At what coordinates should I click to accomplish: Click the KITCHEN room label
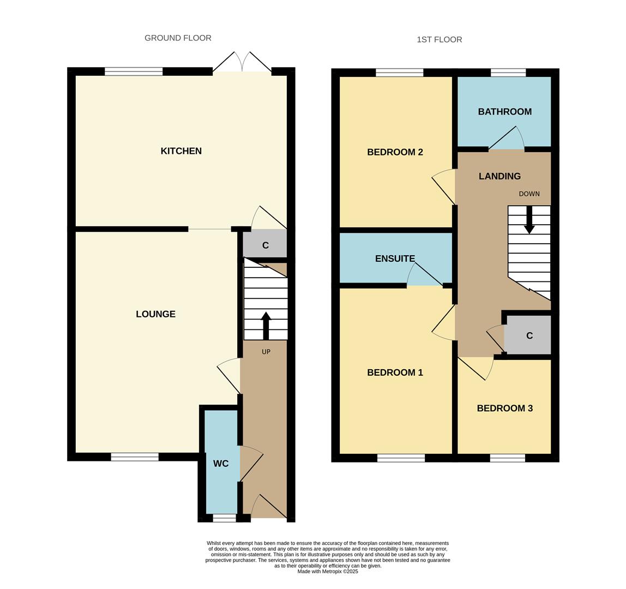click(181, 151)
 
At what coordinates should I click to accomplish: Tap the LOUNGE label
click(155, 314)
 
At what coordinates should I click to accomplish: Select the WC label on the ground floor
click(221, 464)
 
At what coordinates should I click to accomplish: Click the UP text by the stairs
click(266, 352)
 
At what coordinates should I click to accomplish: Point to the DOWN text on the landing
click(529, 194)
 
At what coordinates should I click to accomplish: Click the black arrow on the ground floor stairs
click(266, 326)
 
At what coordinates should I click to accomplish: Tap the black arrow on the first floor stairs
click(529, 220)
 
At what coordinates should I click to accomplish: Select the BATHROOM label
click(504, 112)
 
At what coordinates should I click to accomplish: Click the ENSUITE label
click(395, 259)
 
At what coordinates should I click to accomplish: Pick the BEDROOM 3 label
click(504, 408)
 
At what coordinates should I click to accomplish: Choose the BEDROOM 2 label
click(395, 152)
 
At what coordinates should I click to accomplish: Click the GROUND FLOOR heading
click(178, 38)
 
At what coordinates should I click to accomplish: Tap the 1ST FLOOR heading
click(439, 39)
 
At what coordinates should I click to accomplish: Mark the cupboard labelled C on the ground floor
click(265, 245)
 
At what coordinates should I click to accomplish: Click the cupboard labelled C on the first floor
click(529, 335)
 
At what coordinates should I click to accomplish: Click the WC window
click(224, 518)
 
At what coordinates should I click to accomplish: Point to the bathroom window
click(508, 73)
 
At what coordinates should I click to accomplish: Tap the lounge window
click(135, 457)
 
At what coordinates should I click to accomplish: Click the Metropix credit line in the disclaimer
click(328, 572)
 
